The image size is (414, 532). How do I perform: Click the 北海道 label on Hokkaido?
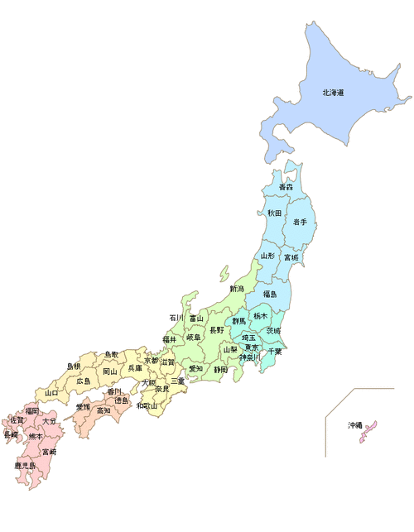[333, 93]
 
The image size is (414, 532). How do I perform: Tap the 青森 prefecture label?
[285, 189]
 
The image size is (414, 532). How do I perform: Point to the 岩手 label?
[299, 223]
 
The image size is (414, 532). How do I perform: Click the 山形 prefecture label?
[267, 257]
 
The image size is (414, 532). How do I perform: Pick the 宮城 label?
[291, 258]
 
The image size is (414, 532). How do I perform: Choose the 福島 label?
[270, 295]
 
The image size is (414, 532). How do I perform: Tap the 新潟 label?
[237, 289]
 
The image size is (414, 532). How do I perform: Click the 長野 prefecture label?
[215, 329]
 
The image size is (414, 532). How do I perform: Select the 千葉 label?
[274, 352]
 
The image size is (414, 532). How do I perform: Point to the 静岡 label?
[219, 370]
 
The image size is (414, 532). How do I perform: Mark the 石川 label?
[176, 318]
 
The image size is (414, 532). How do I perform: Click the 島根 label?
[74, 366]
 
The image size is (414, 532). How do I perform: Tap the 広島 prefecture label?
[84, 381]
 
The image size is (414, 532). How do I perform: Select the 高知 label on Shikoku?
[103, 410]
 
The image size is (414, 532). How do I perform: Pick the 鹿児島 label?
[25, 466]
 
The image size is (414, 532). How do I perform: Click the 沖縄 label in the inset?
[354, 425]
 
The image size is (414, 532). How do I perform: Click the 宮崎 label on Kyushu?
[49, 452]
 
